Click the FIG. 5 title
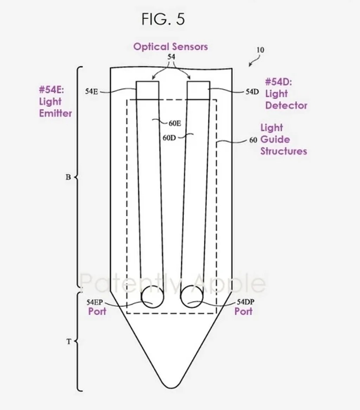(x=163, y=19)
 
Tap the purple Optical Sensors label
(x=171, y=46)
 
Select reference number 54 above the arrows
(x=171, y=57)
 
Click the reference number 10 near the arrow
(x=260, y=50)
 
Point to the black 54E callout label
(x=91, y=91)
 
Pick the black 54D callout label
(x=252, y=92)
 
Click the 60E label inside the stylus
(x=175, y=123)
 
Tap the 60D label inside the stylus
(x=169, y=137)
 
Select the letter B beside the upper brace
(x=68, y=177)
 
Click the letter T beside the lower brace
(x=69, y=341)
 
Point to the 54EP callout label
(x=95, y=302)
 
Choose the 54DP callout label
(x=245, y=302)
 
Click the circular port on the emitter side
(x=152, y=297)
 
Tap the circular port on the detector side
(x=192, y=297)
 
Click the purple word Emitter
(x=56, y=113)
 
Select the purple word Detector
(x=286, y=105)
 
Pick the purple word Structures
(x=284, y=151)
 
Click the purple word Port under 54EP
(x=97, y=312)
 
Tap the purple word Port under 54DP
(x=243, y=312)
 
